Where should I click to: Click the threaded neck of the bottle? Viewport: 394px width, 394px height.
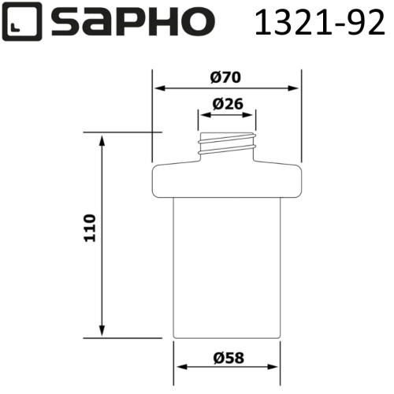(x=226, y=143)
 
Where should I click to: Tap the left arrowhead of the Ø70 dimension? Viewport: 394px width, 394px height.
(x=157, y=88)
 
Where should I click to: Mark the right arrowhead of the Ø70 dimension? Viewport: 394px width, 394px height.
(x=296, y=88)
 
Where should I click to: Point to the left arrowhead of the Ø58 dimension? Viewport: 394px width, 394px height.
(x=178, y=368)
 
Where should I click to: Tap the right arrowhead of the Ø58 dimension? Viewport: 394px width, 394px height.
(x=275, y=368)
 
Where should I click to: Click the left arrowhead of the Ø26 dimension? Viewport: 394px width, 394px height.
(x=203, y=114)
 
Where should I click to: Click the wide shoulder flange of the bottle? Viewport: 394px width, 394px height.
(x=226, y=180)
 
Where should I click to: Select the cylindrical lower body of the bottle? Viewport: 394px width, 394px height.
(x=226, y=268)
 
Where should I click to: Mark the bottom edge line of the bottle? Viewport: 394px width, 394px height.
(x=226, y=338)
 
